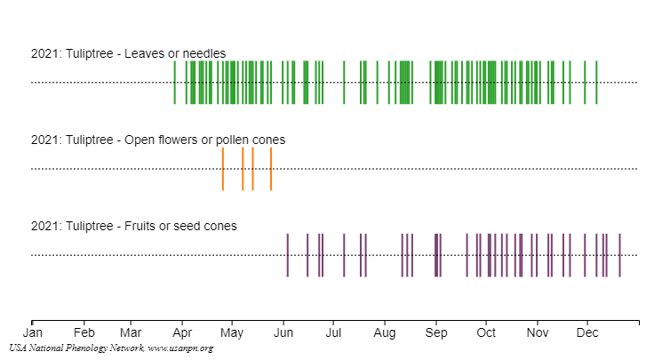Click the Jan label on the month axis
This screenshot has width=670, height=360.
pos(32,332)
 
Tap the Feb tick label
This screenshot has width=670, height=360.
pos(84,332)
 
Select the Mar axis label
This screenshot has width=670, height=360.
pos(131,332)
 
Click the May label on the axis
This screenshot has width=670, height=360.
pos(232,332)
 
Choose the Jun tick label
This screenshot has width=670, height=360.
pos(283,332)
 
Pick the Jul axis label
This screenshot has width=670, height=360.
pos(332,332)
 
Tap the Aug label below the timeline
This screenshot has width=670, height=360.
pos(384,332)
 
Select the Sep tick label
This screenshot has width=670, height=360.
pos(435,332)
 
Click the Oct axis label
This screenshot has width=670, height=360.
pos(486,332)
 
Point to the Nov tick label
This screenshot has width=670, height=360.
pos(537,332)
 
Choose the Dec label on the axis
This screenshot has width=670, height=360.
pos(587,332)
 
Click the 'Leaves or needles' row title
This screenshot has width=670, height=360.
pos(128,53)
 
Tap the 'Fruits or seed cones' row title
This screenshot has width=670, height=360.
pos(133,226)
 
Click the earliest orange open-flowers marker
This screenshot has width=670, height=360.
pos(223,169)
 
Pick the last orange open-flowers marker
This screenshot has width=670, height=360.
pos(271,169)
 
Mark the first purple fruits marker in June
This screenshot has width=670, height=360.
pos(288,255)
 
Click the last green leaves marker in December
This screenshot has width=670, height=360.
pos(596,83)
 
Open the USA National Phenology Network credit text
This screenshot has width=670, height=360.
pos(111,348)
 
